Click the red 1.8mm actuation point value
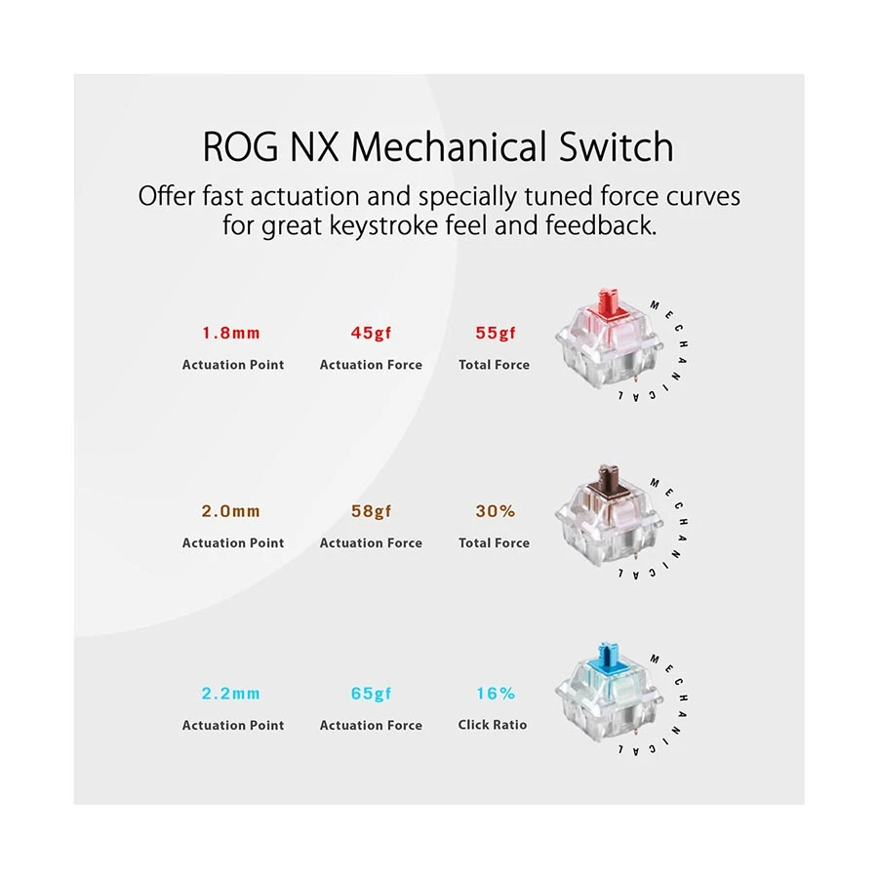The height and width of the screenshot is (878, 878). click(230, 334)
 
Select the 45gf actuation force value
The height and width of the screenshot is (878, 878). click(371, 334)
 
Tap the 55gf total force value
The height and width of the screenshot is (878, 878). click(495, 334)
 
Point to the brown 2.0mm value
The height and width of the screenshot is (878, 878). click(230, 511)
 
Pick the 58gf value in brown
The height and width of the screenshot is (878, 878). click(371, 511)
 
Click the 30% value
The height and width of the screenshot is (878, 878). click(495, 511)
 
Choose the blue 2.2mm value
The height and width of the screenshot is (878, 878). click(230, 694)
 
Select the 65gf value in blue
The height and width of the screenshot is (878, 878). click(371, 694)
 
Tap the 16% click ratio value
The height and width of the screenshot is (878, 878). click(496, 694)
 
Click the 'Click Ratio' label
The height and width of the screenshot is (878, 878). click(493, 725)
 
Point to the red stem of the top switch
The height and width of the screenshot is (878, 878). click(609, 302)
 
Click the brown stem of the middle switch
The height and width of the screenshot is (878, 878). click(609, 479)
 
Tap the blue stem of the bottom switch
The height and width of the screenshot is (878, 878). click(609, 657)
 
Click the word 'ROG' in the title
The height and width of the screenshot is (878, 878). click(240, 147)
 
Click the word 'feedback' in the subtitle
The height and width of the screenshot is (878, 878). click(600, 225)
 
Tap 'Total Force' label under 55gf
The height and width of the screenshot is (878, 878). click(494, 365)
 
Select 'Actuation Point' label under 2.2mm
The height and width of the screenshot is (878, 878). click(233, 725)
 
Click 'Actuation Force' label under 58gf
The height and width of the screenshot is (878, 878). click(371, 542)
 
